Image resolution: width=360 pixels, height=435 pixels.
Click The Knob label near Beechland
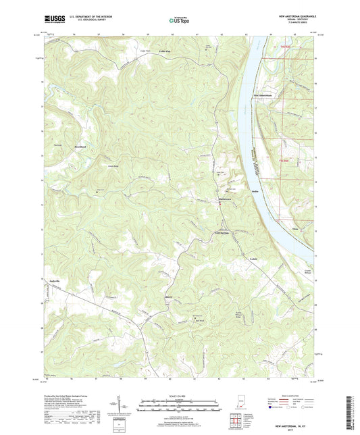[x=48, y=144]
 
